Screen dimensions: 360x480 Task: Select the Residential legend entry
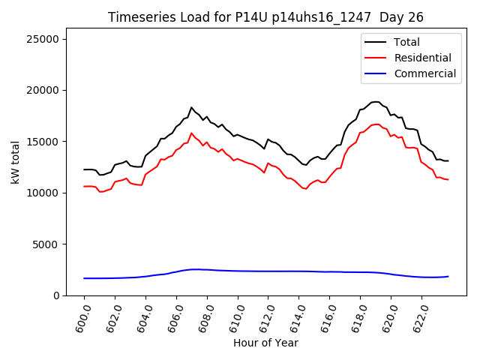423,58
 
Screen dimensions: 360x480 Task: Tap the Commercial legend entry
425,73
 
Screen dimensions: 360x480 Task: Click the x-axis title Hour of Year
265,343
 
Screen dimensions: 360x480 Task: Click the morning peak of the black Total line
191,107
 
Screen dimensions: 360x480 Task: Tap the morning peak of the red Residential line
191,133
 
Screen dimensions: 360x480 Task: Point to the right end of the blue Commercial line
448,277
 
